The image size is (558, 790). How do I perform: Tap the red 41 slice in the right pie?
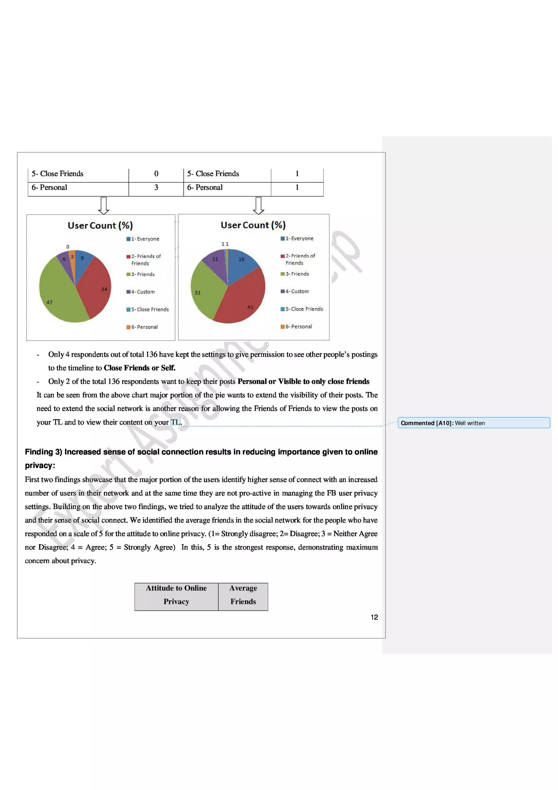click(241, 303)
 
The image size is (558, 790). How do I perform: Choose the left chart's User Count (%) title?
click(100, 225)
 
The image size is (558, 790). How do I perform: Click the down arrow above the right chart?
click(258, 206)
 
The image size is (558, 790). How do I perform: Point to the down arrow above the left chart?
click(104, 206)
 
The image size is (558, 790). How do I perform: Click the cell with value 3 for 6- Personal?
click(156, 188)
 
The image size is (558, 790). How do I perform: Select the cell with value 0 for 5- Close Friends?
click(156, 174)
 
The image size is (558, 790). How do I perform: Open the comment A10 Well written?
click(474, 423)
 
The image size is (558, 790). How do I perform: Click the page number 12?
click(374, 617)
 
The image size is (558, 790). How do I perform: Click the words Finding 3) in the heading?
click(43, 452)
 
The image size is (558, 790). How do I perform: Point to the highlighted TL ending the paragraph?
click(175, 422)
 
